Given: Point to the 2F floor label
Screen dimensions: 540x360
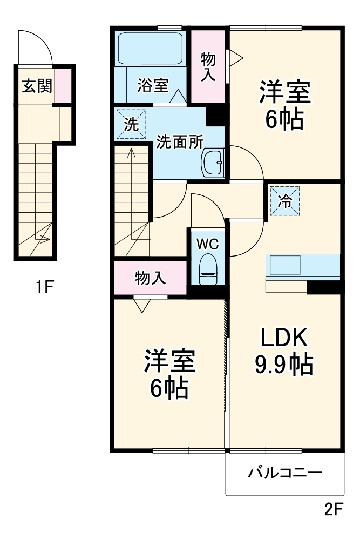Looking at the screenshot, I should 334,509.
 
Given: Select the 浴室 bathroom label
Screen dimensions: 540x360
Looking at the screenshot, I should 153,85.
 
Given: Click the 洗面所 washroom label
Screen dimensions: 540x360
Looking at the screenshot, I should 180,141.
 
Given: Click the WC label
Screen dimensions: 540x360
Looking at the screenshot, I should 207,244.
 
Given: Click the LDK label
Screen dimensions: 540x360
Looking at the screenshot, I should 284,339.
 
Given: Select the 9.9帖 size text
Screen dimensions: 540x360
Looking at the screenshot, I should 284,366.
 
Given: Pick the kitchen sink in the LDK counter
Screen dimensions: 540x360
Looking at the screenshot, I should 285,266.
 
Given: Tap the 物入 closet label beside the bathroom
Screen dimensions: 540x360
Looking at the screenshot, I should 208,66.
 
